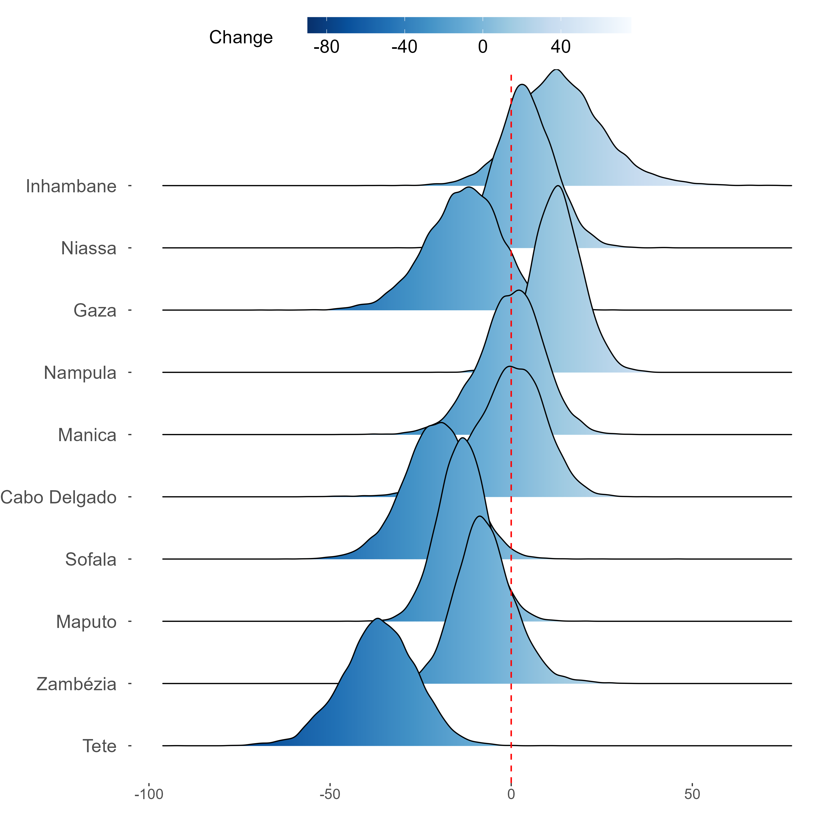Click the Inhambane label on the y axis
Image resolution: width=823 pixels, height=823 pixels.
click(71, 186)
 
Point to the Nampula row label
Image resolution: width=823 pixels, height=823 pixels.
click(80, 373)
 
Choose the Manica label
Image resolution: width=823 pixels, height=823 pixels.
click(87, 435)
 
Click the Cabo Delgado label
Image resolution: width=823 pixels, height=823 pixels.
click(58, 497)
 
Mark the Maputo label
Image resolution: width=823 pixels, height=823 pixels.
click(86, 622)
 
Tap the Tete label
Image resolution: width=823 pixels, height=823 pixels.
click(99, 746)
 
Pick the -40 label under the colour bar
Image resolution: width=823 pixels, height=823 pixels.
click(404, 47)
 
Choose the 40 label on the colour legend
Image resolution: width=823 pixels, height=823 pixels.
click(560, 47)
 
